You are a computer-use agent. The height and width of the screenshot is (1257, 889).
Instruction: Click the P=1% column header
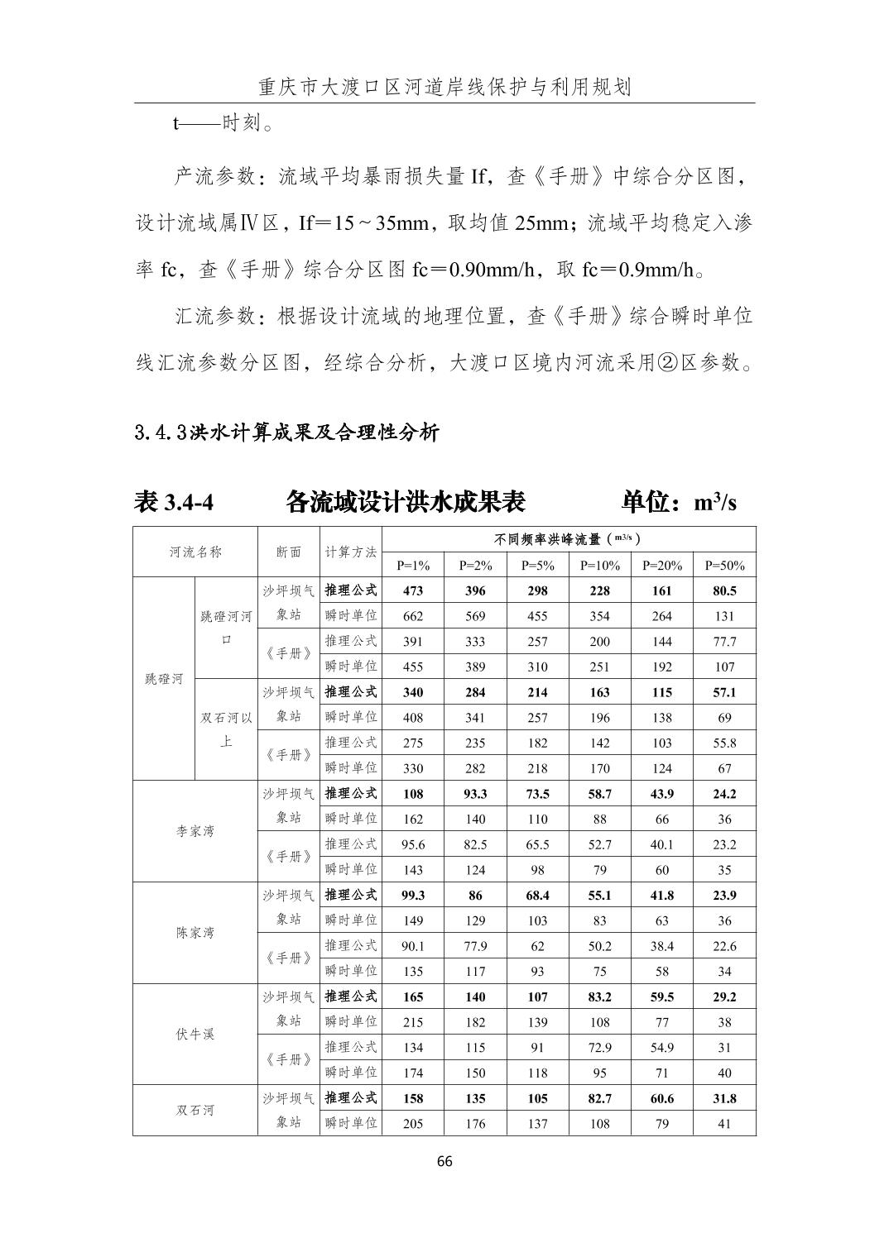(413, 566)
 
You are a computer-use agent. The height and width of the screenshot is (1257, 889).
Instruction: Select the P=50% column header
(724, 566)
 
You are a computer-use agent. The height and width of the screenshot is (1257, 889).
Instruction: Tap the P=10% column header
(599, 566)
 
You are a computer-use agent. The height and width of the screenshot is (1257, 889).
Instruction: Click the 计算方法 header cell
(351, 552)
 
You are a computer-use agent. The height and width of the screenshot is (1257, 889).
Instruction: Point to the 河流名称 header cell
(195, 552)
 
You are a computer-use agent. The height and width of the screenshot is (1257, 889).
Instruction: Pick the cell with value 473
(413, 590)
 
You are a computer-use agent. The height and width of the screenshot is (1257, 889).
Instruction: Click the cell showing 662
(413, 616)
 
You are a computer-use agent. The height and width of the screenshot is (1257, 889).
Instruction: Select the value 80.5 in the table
(724, 590)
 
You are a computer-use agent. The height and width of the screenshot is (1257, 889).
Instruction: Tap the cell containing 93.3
(475, 794)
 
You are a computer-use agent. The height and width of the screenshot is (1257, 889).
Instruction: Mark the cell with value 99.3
(413, 895)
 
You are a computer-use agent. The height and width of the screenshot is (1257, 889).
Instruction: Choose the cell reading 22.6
(724, 946)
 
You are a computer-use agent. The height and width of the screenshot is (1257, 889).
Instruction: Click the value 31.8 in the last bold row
(724, 1098)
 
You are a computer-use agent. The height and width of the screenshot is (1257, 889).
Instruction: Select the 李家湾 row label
(195, 831)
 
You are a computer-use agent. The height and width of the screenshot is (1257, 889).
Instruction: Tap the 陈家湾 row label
(195, 933)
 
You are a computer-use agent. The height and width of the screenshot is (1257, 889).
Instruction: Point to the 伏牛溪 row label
(195, 1035)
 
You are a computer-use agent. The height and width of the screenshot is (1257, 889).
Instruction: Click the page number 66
(444, 1161)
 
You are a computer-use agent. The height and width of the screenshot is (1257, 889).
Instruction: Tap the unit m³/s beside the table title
(715, 502)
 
